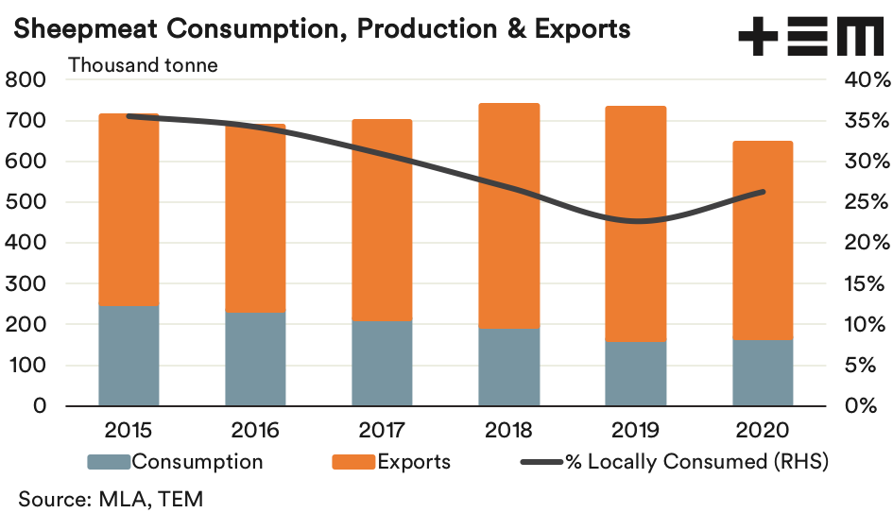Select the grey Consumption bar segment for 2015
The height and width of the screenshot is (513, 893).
tap(129, 355)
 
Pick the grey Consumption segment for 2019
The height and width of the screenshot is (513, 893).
tap(636, 373)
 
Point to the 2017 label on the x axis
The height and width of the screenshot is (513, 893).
tap(382, 431)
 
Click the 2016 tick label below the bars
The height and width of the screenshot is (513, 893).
tap(255, 431)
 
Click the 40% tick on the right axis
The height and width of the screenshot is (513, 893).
tap(862, 80)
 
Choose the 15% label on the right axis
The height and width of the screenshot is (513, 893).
tap(862, 283)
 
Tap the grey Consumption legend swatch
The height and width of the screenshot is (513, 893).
tap(108, 463)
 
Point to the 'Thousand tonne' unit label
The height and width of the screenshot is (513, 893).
tap(142, 65)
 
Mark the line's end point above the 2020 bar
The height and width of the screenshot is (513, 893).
tap(763, 192)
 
